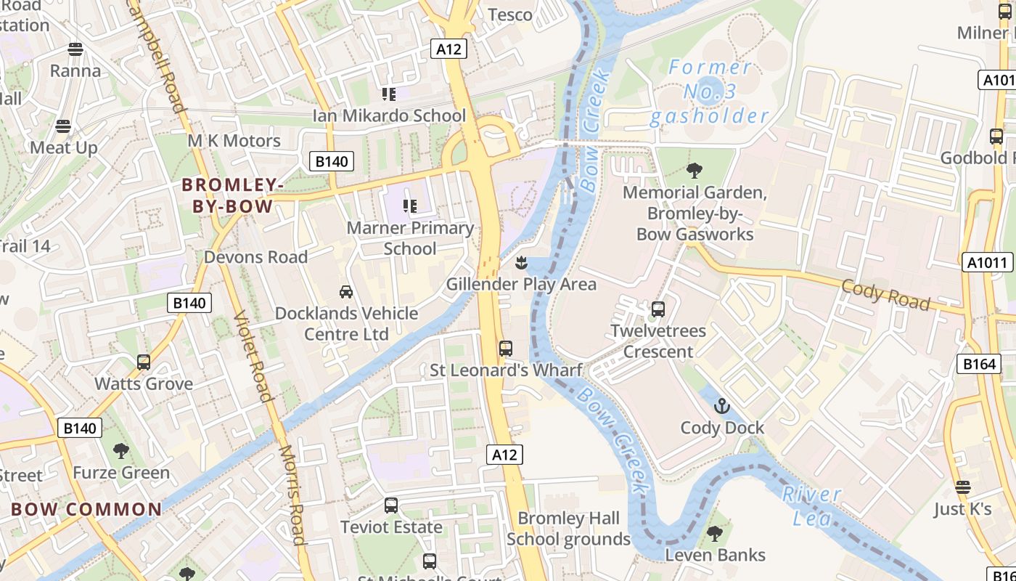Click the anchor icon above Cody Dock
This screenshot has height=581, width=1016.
point(721,406)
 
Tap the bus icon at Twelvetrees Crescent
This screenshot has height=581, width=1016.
point(658,309)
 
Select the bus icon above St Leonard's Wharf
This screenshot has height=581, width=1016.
point(506,349)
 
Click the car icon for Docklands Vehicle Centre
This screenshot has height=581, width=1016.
point(346,292)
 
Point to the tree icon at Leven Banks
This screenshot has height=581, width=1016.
point(715,534)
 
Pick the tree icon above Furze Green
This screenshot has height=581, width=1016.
point(121,451)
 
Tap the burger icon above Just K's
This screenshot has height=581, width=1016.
point(962,487)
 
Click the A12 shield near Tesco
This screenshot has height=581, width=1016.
point(448,49)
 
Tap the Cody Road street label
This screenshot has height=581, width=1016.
point(885,294)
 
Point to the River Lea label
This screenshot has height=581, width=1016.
point(812,505)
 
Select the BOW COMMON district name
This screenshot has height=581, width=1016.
point(86,509)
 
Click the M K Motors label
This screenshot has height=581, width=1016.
point(234,141)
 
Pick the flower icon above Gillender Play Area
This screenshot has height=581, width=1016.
point(521,262)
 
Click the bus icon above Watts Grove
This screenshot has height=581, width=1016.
point(144,362)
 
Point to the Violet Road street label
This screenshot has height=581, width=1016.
point(253,357)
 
